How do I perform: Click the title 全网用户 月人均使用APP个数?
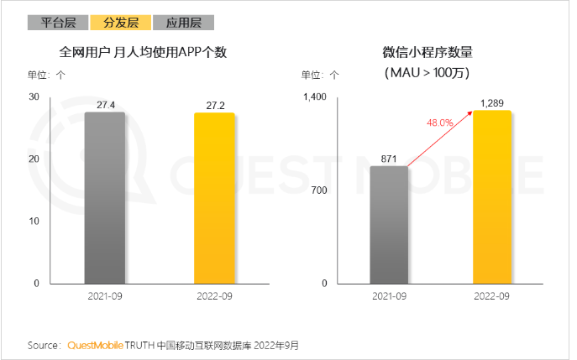click(x=144, y=53)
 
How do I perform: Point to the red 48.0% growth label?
click(x=440, y=123)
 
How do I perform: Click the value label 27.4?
click(x=105, y=105)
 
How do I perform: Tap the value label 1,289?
click(x=492, y=103)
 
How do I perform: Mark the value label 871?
click(x=389, y=159)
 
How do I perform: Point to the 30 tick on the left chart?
click(x=34, y=97)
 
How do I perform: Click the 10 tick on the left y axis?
click(x=34, y=222)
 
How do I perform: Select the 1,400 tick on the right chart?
click(x=313, y=97)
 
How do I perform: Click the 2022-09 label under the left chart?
click(x=215, y=296)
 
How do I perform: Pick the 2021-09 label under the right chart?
click(x=389, y=296)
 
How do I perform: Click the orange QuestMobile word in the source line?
click(x=95, y=345)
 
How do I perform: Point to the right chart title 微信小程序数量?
click(x=428, y=53)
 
